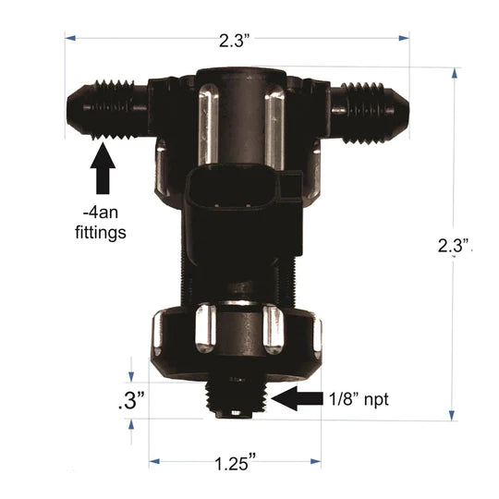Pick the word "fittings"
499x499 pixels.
point(100,233)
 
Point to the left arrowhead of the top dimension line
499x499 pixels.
point(68,37)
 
